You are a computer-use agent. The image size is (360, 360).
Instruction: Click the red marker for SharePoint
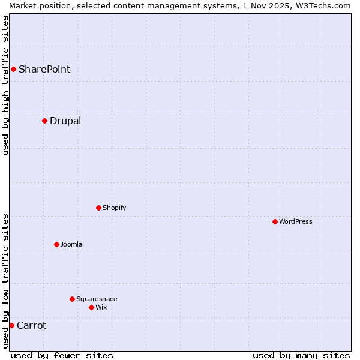click(13, 69)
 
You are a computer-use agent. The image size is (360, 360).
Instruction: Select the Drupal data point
click(44, 121)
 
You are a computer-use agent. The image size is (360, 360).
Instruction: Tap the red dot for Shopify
click(98, 208)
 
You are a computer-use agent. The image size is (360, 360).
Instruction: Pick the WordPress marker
click(275, 221)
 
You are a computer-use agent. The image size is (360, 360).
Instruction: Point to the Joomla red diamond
click(56, 244)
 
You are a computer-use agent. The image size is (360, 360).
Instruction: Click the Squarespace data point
click(72, 299)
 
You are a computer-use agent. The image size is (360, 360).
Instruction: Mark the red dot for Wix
click(91, 307)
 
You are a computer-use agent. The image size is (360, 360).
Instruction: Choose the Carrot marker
click(11, 325)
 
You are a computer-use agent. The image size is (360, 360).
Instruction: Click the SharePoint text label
click(44, 69)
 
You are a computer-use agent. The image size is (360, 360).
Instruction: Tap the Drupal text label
click(65, 121)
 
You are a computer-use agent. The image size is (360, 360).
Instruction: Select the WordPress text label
click(296, 221)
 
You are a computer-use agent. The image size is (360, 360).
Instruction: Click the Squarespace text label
click(97, 299)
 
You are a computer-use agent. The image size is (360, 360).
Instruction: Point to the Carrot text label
click(31, 325)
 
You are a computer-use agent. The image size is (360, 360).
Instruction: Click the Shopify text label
click(114, 208)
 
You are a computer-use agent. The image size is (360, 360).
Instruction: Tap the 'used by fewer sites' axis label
click(62, 355)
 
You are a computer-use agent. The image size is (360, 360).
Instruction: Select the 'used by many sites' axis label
click(301, 355)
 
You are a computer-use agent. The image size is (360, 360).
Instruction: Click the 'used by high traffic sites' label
click(5, 85)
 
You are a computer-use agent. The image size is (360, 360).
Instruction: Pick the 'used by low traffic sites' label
click(5, 281)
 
